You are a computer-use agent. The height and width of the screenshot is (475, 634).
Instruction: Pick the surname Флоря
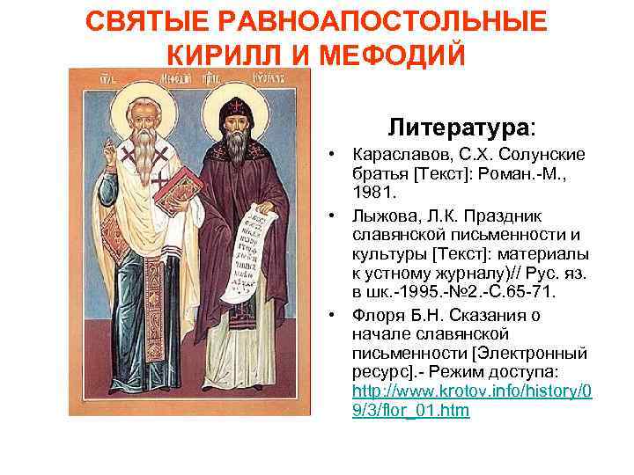(375, 315)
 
